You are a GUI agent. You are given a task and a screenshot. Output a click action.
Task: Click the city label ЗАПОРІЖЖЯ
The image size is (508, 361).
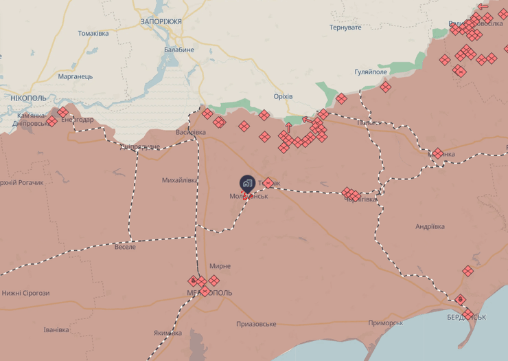(x=161, y=21)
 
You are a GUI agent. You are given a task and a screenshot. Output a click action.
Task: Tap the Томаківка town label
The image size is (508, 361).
(x=93, y=33)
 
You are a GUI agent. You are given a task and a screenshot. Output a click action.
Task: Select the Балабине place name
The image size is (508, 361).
(x=179, y=50)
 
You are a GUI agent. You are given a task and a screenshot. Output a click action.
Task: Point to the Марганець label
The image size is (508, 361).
(x=76, y=76)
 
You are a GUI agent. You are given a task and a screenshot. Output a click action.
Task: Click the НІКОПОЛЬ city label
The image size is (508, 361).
(x=29, y=98)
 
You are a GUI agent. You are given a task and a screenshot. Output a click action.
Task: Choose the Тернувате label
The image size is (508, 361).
(x=345, y=28)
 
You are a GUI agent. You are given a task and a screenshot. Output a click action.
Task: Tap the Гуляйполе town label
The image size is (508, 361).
(x=371, y=72)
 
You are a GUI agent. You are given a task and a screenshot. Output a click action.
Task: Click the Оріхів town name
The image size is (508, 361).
(x=283, y=96)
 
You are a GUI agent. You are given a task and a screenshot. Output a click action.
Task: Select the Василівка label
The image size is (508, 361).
(x=191, y=132)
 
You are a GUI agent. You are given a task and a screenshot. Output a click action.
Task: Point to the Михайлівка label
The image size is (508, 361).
(x=180, y=180)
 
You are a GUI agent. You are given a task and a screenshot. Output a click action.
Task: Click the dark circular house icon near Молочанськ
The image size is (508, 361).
(x=247, y=183)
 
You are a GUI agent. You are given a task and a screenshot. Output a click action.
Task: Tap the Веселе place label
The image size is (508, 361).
(x=125, y=247)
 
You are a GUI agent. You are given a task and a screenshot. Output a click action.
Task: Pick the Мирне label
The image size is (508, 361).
(x=220, y=265)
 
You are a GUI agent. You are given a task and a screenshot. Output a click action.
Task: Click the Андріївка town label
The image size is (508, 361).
(x=430, y=226)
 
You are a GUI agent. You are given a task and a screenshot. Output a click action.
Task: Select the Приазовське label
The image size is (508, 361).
(x=256, y=324)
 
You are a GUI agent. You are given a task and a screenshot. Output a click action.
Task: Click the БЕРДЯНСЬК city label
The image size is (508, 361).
(x=467, y=317)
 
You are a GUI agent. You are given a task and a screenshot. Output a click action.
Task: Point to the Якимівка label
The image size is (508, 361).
(x=168, y=333)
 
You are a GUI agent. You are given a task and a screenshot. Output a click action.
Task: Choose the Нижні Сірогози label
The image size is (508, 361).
(x=25, y=293)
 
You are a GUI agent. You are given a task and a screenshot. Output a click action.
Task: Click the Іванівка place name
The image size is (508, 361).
(x=56, y=329)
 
